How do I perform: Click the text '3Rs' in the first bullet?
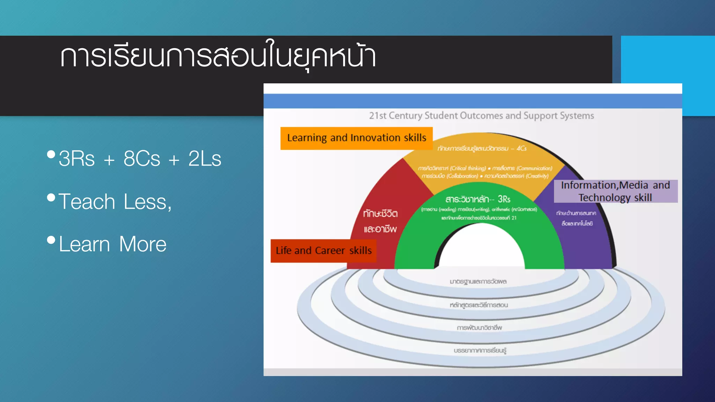click(76, 159)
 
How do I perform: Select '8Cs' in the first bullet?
click(142, 159)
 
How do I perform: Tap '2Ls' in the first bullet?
click(205, 159)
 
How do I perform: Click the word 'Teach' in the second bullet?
click(87, 202)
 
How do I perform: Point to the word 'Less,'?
click(148, 202)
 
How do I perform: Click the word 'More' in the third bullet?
click(142, 244)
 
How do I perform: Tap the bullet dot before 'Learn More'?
click(51, 240)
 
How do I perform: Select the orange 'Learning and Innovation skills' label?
click(356, 138)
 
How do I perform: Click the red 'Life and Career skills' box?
click(323, 251)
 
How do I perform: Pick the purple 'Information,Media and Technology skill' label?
click(615, 191)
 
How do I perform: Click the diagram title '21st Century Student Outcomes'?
click(481, 116)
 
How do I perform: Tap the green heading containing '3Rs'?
click(478, 199)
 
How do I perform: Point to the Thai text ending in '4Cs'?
click(482, 148)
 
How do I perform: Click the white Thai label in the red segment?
click(380, 221)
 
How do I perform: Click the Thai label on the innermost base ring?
click(478, 281)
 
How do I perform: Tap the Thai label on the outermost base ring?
click(480, 350)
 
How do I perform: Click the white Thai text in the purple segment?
click(576, 218)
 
